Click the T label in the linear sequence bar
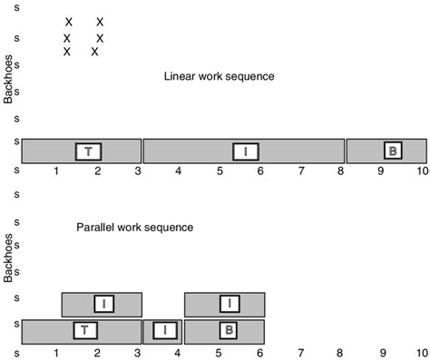pyautogui.click(x=87, y=151)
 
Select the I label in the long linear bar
pyautogui.click(x=245, y=151)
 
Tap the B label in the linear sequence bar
pyautogui.click(x=392, y=151)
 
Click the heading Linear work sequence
pyautogui.click(x=219, y=76)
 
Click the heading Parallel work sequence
pyautogui.click(x=135, y=227)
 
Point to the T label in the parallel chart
pyautogui.click(x=84, y=330)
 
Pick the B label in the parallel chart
pyautogui.click(x=228, y=330)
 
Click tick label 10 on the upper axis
pyautogui.click(x=422, y=170)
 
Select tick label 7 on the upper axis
pyautogui.click(x=300, y=170)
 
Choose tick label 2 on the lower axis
pyautogui.click(x=97, y=351)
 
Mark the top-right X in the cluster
pyautogui.click(x=100, y=22)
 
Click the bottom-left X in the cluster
pyautogui.click(x=67, y=52)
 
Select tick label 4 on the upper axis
pyautogui.click(x=179, y=170)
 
